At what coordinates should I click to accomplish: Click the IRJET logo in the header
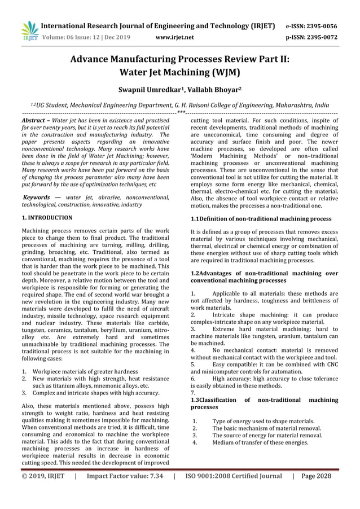tap(28, 31)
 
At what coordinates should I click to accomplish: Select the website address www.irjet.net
tap(174, 38)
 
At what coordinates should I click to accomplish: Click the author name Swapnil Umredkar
tap(150, 90)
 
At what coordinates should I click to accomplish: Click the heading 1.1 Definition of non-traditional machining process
tap(261, 218)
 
